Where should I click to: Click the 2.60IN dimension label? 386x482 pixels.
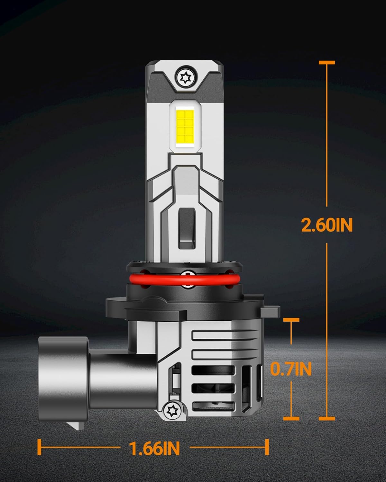click(x=327, y=225)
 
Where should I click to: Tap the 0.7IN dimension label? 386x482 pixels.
click(x=291, y=369)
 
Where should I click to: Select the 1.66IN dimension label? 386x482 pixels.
click(x=154, y=448)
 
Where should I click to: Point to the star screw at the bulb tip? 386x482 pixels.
click(x=185, y=77)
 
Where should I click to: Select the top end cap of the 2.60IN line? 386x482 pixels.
click(x=327, y=62)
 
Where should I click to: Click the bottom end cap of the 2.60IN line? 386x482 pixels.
click(x=327, y=418)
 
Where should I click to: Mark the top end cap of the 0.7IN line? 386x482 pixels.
click(x=291, y=320)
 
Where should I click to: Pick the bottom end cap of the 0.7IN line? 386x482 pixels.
click(x=291, y=418)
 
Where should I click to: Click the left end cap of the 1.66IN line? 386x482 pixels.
click(x=39, y=447)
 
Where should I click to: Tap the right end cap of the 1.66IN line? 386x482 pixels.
click(x=267, y=447)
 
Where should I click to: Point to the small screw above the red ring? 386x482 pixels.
click(x=186, y=273)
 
